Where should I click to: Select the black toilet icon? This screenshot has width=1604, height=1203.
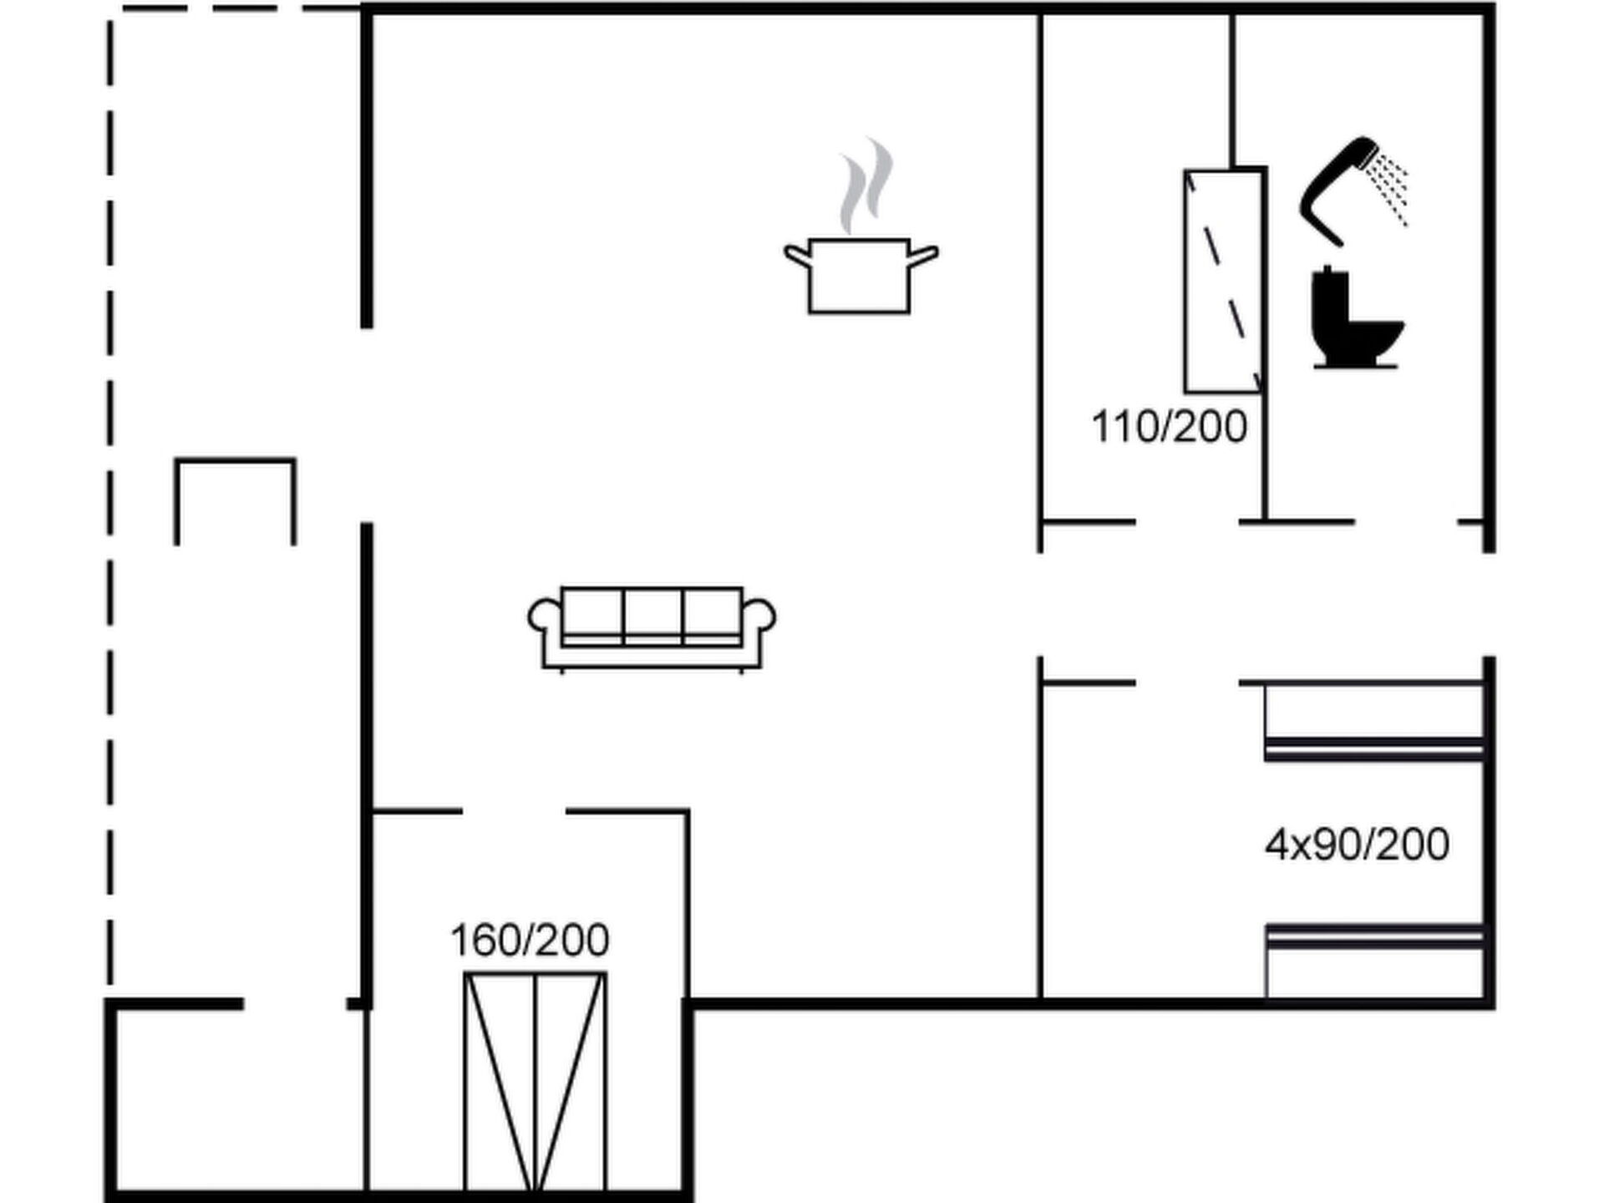pos(1355,317)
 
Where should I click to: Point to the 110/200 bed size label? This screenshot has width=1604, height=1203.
pos(1169,427)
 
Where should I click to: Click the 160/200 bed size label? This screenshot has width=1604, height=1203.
pos(530,941)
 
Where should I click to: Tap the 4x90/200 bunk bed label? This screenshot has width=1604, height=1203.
pos(1357,845)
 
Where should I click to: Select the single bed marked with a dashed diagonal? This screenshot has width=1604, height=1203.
pos(1223,281)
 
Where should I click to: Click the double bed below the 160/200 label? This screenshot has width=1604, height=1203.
pos(535,1081)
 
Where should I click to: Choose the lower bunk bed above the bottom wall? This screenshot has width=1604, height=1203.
pos(1374,961)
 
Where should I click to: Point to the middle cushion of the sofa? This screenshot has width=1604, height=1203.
pos(652,614)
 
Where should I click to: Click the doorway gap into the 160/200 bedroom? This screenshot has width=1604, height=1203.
pos(514,811)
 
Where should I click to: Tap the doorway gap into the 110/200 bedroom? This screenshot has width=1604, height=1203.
pos(1187,522)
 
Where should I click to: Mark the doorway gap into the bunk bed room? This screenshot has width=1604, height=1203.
pos(1187,683)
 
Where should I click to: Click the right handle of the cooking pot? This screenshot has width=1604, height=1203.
pos(924,254)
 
